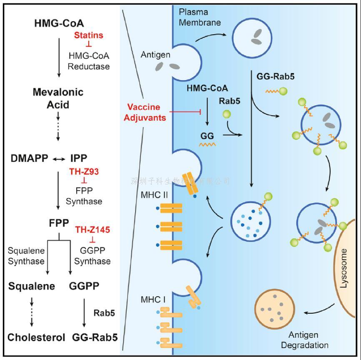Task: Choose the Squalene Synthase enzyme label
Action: [26, 256]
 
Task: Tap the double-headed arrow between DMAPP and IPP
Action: [59, 159]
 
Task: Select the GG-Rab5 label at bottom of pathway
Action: [95, 337]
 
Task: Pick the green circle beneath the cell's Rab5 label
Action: [227, 114]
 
